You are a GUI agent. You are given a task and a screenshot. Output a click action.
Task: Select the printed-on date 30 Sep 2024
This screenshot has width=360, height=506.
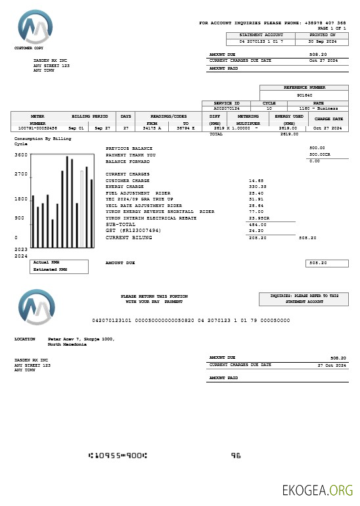click(323, 41)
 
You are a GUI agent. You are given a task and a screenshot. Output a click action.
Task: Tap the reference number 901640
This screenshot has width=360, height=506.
click(304, 95)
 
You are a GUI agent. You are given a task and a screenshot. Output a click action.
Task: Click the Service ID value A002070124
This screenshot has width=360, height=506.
click(227, 108)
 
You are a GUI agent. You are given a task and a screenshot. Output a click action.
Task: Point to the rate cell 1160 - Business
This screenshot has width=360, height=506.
click(318, 108)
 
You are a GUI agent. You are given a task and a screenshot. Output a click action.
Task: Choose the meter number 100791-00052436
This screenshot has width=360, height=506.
click(37, 128)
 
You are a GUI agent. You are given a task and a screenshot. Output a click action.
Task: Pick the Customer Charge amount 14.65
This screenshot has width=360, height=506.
click(256, 180)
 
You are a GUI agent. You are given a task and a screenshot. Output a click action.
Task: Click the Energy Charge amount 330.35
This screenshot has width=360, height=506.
click(257, 187)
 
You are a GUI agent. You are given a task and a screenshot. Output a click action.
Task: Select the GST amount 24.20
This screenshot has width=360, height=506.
click(256, 231)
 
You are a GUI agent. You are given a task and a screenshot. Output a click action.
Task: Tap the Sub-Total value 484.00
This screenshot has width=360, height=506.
click(256, 225)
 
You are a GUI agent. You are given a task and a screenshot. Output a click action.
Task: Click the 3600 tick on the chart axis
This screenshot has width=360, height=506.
click(21, 156)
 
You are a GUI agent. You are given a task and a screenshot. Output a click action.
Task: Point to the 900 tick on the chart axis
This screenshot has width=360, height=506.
click(19, 218)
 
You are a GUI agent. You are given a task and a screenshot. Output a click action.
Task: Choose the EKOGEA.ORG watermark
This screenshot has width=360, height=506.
click(317, 490)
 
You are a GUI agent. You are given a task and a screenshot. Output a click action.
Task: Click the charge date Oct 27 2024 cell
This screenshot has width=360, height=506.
click(328, 128)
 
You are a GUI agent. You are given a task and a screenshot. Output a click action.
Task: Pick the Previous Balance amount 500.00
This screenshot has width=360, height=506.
click(317, 149)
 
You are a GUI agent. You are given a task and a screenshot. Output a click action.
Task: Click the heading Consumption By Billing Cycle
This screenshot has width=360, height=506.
click(42, 141)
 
